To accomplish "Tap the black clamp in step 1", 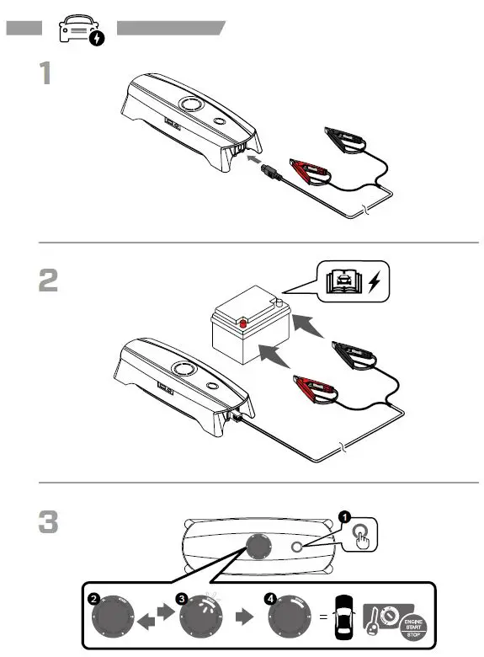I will tap(348, 137).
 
